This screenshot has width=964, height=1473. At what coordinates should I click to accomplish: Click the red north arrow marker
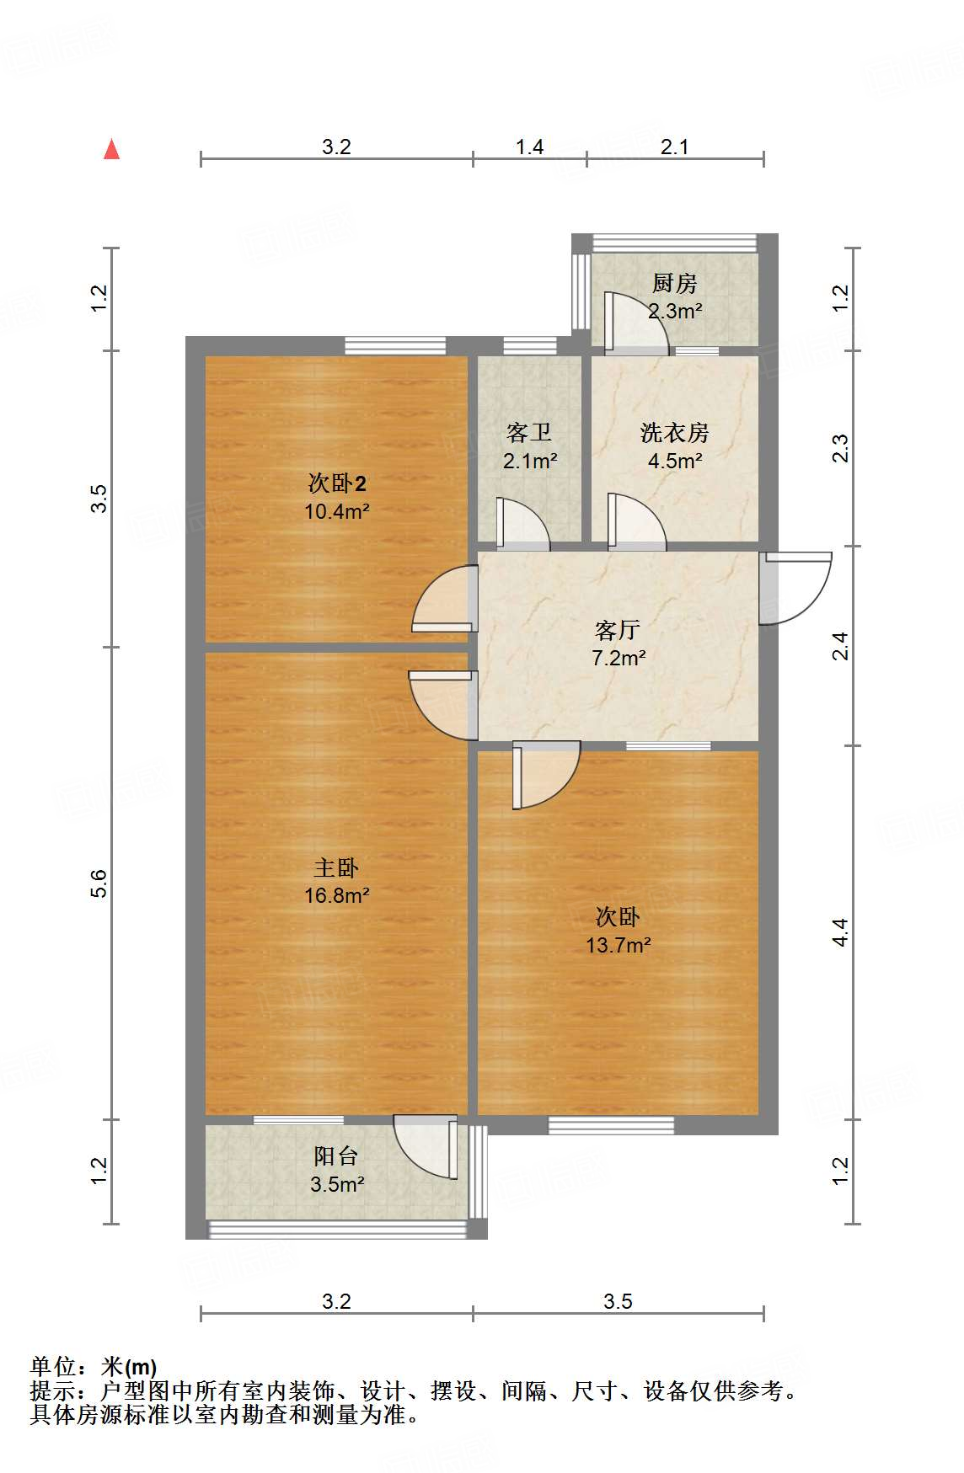111,150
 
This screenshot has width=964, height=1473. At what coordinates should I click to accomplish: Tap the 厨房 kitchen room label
674,284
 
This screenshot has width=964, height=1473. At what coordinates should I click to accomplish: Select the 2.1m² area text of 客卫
530,461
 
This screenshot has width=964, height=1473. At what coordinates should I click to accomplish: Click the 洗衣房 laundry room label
674,433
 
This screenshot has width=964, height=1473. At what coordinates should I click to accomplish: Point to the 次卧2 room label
337,483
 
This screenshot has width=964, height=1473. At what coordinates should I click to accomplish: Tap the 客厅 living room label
618,630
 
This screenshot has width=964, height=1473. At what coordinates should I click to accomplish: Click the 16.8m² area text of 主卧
337,895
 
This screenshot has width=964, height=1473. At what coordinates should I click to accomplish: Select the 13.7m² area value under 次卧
618,945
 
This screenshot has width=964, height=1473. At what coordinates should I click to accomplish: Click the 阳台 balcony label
336,1156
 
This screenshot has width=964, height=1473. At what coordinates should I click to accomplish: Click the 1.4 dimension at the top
529,147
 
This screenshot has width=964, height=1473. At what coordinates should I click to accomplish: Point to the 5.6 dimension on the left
99,883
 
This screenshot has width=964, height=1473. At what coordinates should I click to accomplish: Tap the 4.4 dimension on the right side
840,932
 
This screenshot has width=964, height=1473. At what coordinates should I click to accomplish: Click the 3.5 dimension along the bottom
618,1302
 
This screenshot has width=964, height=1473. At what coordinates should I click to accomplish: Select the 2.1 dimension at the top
674,147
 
